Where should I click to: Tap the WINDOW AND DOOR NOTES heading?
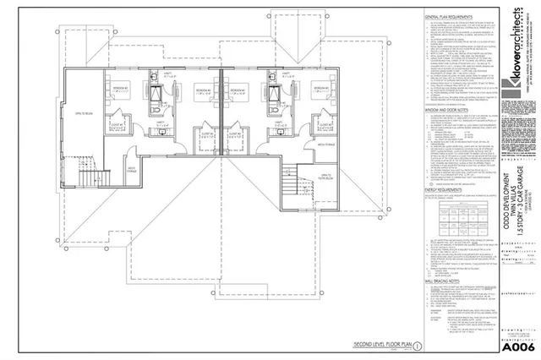[445, 109]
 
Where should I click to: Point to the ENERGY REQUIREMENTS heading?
[441, 191]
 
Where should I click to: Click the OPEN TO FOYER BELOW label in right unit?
[324, 177]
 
